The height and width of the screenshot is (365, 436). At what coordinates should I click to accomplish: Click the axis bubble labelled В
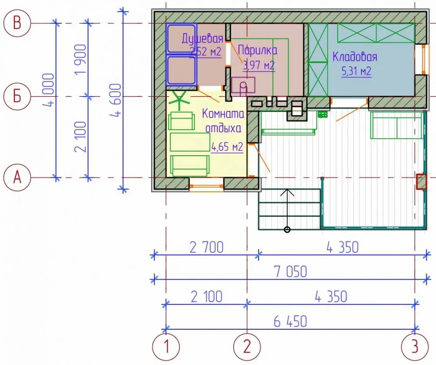point(17,23)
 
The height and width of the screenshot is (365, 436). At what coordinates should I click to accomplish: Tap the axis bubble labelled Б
point(17,96)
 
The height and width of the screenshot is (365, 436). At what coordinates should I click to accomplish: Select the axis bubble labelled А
point(17,177)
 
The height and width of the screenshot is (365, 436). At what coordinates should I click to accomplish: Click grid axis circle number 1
point(166,347)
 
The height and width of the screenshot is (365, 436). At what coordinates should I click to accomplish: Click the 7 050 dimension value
point(290,272)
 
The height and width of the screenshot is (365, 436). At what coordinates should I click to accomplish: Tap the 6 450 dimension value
point(290,321)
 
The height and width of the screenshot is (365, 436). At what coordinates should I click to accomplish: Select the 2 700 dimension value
point(207,247)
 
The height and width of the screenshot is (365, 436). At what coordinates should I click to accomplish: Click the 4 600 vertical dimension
point(117,100)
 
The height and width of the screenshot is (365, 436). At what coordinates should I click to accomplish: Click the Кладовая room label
point(355,57)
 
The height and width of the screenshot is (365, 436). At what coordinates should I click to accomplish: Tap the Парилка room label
point(258,50)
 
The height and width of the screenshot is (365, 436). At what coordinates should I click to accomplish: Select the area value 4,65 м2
point(227,147)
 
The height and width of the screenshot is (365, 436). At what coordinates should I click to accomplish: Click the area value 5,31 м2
point(356,72)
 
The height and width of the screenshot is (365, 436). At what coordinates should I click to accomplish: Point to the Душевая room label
point(202,38)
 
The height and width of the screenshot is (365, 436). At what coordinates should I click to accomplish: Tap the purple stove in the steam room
point(243,85)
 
